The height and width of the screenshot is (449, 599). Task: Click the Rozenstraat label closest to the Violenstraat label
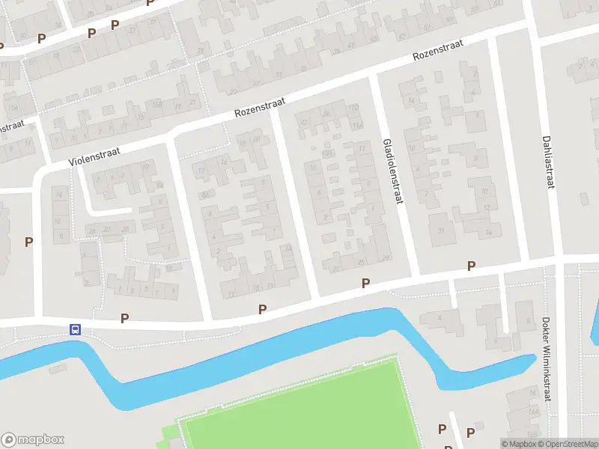click(257, 109)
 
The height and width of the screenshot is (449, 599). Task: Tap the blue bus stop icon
click(75, 329)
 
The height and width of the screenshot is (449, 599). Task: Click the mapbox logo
click(33, 440)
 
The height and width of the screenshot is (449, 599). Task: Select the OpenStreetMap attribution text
click(568, 444)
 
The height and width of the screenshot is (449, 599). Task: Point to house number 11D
click(358, 123)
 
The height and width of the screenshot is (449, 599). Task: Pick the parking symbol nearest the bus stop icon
click(124, 318)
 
